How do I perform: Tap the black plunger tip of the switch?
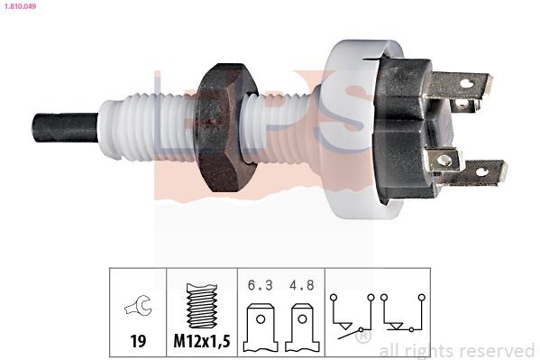click(x=63, y=127)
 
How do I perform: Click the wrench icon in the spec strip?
click(x=138, y=308)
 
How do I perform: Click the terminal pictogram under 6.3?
click(x=259, y=329)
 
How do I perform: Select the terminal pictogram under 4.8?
click(x=302, y=329)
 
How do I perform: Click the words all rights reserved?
click(x=456, y=350)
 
